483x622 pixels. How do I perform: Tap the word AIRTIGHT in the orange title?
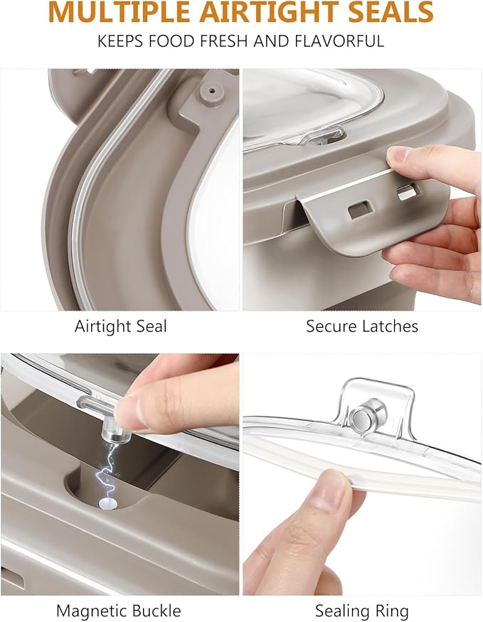pos(270,12)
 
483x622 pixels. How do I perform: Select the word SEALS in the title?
pos(391,12)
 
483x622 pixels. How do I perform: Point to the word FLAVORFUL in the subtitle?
pos(339,41)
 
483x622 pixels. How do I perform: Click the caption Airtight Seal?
pos(121,326)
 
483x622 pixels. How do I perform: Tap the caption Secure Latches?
pos(362,326)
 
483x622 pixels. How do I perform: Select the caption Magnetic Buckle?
pos(118,610)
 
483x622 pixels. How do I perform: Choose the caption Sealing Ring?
pos(361,611)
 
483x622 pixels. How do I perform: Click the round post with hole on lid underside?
pos(211,94)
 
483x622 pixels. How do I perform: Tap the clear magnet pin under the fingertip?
pos(115,432)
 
